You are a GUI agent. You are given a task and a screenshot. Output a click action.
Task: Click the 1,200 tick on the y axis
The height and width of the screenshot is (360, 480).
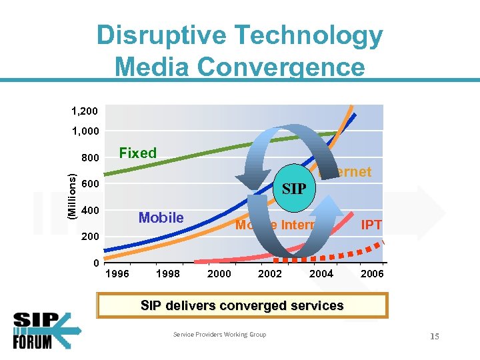pyautogui.click(x=85, y=107)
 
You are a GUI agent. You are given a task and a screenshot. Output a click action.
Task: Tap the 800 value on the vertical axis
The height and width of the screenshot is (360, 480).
pyautogui.click(x=90, y=159)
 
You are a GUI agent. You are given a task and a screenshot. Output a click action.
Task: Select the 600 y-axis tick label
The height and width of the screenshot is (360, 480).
pyautogui.click(x=90, y=185)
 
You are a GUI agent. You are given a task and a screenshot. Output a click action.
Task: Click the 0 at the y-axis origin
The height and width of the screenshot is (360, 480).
pyautogui.click(x=97, y=263)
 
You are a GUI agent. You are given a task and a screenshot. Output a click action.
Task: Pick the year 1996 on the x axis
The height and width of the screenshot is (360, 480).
pyautogui.click(x=118, y=273)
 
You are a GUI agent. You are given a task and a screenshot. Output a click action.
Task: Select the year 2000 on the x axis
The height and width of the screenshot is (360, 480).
pyautogui.click(x=219, y=273)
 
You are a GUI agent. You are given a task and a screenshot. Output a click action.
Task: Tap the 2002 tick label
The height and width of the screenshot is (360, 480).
pyautogui.click(x=270, y=273)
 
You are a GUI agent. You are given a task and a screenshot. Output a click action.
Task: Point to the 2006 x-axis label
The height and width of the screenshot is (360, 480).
pyautogui.click(x=372, y=273)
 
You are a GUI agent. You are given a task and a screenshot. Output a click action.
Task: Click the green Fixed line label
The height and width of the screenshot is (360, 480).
pyautogui.click(x=137, y=153)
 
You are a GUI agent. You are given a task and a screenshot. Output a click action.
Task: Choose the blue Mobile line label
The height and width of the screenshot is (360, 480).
pyautogui.click(x=161, y=217)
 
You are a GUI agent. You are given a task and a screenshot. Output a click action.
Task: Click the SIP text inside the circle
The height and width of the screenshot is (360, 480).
pyautogui.click(x=294, y=189)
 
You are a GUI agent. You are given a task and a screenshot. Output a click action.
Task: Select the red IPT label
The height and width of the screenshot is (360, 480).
pyautogui.click(x=371, y=225)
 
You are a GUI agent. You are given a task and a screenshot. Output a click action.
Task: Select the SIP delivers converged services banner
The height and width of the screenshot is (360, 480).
pyautogui.click(x=242, y=305)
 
